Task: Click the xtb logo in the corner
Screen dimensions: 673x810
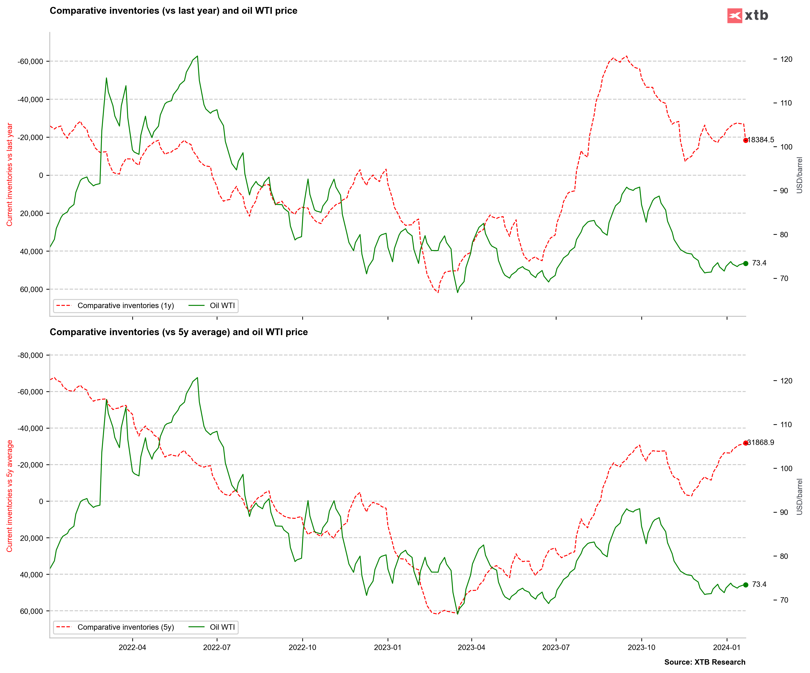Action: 747,15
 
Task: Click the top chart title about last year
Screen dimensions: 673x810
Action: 174,11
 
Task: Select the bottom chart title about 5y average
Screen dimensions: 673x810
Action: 179,332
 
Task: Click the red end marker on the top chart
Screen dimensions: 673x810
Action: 746,140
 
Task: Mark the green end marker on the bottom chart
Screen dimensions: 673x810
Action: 746,585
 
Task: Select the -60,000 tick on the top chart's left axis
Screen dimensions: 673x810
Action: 30,62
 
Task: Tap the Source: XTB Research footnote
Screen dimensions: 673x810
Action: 705,662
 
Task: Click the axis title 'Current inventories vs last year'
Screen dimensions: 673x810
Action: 10,175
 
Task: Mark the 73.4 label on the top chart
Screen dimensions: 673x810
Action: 759,263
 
